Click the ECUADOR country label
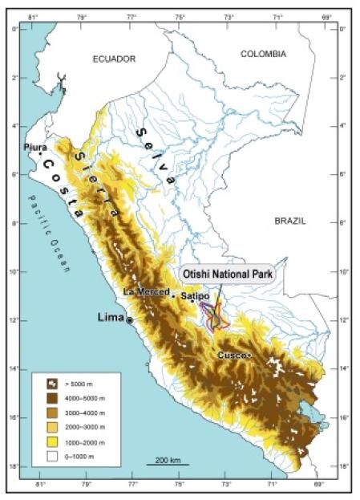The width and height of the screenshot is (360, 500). click(114, 59)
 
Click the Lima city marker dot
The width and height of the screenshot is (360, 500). click(130, 319)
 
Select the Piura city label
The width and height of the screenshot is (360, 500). click(35, 148)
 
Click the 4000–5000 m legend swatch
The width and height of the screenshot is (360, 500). click(47, 399)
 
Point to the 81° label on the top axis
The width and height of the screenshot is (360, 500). click(34, 16)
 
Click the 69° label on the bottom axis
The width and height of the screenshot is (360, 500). click(318, 486)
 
